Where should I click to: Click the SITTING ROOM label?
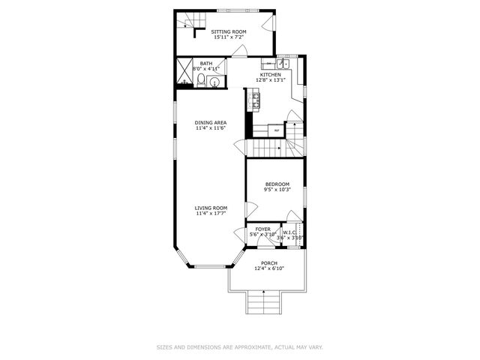[229, 31]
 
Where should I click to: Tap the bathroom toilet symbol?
[213, 81]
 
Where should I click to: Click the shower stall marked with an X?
[184, 74]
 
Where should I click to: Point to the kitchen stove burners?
[255, 99]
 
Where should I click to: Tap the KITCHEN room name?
[270, 75]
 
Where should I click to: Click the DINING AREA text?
[211, 123]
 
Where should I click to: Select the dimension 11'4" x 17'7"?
[211, 214]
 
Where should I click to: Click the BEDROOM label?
[277, 184]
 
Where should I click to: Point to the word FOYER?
[262, 229]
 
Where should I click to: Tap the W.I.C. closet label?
[290, 232]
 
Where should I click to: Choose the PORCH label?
[268, 263]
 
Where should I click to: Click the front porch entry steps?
[262, 304]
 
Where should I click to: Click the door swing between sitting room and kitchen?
[239, 51]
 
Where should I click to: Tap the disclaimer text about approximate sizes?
[239, 347]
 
